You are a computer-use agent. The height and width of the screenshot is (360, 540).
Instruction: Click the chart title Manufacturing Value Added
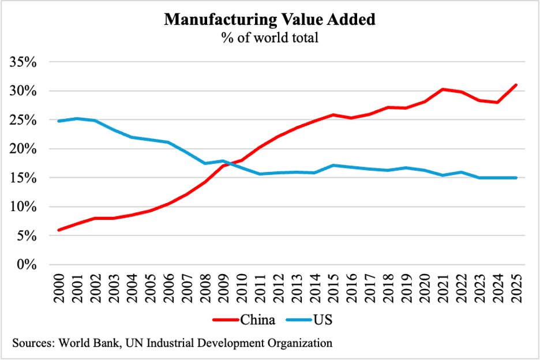click(270, 20)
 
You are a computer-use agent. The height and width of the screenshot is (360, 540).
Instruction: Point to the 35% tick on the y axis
click(24, 62)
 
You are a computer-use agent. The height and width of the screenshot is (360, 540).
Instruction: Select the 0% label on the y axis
click(27, 265)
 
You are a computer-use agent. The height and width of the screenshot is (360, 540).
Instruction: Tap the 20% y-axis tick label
click(24, 149)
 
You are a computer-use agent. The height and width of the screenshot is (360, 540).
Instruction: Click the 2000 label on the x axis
click(59, 287)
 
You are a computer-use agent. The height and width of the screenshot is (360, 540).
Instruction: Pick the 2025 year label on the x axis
click(516, 287)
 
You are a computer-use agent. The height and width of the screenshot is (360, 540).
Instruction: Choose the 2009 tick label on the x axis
click(224, 287)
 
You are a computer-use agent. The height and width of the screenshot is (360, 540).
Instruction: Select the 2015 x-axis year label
click(333, 287)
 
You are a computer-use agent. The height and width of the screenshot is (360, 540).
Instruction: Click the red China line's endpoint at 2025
click(516, 85)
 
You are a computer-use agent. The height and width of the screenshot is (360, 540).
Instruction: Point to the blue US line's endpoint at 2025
click(516, 178)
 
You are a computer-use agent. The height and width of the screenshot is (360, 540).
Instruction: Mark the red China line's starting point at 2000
click(59, 230)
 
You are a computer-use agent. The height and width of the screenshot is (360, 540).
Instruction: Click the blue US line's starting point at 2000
click(59, 121)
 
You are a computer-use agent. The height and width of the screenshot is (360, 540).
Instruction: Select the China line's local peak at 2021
click(443, 89)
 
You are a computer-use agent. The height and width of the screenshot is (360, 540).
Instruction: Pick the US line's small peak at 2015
click(333, 166)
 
